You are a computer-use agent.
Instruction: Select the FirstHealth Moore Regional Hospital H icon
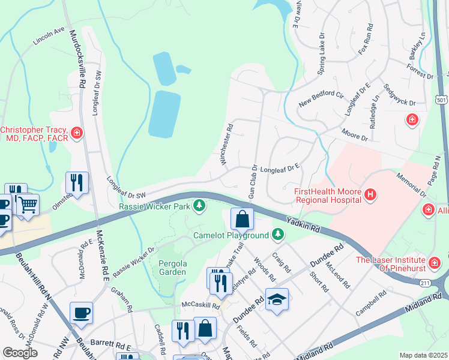click(371, 194)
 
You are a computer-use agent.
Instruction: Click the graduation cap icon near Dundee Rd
click(277, 299)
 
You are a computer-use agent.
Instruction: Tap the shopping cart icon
click(28, 205)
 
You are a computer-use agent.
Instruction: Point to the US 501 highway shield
click(442, 100)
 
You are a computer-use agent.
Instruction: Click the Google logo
click(20, 353)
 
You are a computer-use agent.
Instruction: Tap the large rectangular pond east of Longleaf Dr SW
click(164, 114)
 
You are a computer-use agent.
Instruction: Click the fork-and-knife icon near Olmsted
click(77, 182)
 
